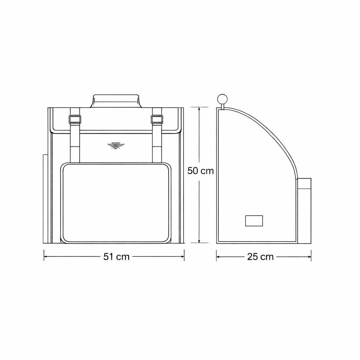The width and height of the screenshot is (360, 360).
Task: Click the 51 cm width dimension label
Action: pyautogui.click(x=116, y=257)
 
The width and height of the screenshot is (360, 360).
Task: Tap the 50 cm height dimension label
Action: pyautogui.click(x=200, y=171)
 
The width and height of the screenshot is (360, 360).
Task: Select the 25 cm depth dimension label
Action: pyautogui.click(x=261, y=257)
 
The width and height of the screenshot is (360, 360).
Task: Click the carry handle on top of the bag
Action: pyautogui.click(x=116, y=101)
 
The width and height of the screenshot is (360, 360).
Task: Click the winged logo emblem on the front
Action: pyautogui.click(x=116, y=145)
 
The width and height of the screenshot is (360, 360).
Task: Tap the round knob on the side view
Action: pyautogui.click(x=222, y=99)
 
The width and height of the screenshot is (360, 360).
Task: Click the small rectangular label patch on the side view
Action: pyautogui.click(x=254, y=221)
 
